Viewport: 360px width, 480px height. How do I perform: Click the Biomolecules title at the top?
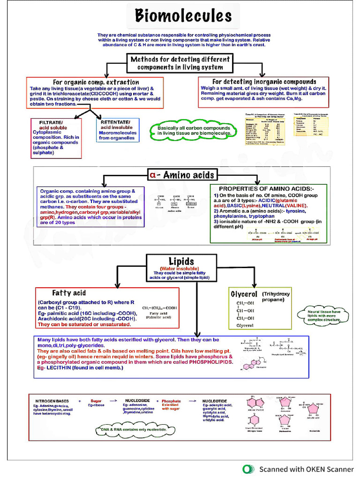[183, 16]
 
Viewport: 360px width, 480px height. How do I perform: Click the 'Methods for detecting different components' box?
[180, 63]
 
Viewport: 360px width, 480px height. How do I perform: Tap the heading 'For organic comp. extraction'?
[96, 82]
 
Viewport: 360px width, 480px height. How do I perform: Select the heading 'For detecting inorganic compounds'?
[264, 82]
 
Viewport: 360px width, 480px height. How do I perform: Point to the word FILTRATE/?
[51, 122]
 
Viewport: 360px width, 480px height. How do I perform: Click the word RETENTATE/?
[115, 122]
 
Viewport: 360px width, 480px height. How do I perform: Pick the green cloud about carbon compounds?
[194, 131]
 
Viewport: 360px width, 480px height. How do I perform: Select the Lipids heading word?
[181, 261]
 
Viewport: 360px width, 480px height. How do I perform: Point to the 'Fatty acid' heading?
[68, 293]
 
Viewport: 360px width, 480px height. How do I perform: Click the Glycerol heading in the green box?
[244, 294]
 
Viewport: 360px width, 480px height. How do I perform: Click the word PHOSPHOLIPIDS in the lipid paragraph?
[210, 362]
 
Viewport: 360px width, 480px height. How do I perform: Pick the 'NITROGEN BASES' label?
[52, 401]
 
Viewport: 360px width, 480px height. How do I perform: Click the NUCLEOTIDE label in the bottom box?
[215, 401]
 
